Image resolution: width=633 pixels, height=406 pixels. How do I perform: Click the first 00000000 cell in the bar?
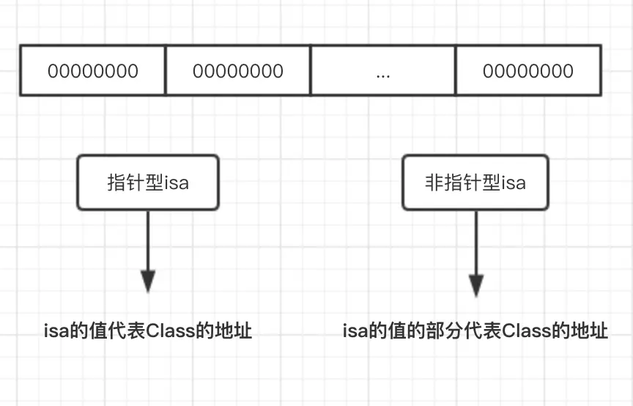(93, 71)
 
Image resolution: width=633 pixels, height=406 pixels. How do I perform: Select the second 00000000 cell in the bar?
(238, 71)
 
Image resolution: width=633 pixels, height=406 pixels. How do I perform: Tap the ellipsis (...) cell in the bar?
(382, 71)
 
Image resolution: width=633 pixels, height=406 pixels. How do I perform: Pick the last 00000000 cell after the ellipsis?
(527, 71)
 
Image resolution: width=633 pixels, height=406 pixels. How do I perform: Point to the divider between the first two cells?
(166, 70)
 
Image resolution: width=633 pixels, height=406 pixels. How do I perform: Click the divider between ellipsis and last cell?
(455, 70)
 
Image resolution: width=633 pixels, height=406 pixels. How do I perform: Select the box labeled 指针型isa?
(148, 182)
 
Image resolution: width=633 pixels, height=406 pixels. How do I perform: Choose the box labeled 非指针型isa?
(475, 182)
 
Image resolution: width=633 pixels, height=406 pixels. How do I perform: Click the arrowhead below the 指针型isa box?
(148, 281)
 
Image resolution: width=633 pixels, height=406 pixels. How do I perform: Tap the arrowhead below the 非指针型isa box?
(476, 284)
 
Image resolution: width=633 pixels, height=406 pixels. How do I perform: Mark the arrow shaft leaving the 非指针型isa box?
(476, 242)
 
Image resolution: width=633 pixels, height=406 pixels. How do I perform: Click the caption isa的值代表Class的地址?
(149, 331)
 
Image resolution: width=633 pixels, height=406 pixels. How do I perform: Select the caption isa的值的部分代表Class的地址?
(475, 331)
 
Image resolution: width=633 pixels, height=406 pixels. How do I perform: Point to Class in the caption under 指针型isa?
(168, 331)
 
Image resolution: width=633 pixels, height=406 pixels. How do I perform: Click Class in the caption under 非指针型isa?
(524, 331)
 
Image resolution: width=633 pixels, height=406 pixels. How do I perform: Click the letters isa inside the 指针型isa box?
(176, 182)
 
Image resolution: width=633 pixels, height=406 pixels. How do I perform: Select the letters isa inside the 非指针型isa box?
(513, 182)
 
